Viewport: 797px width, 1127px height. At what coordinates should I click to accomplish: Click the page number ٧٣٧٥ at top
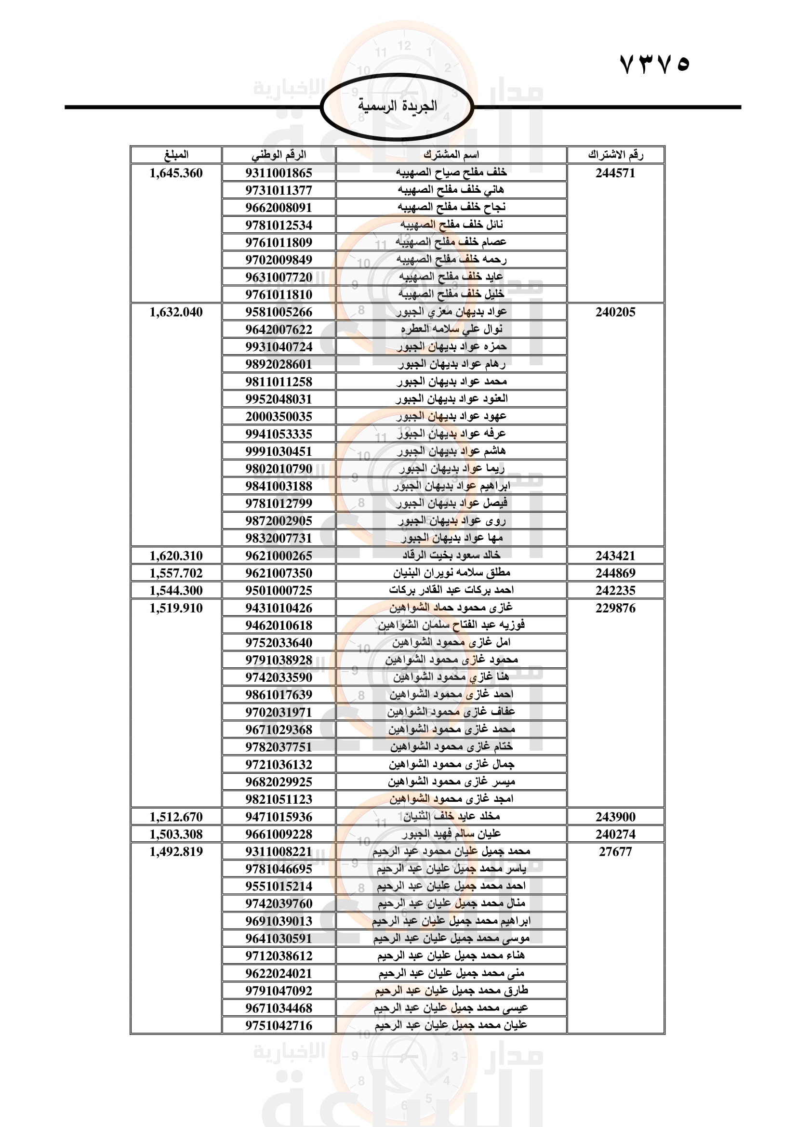pyautogui.click(x=655, y=64)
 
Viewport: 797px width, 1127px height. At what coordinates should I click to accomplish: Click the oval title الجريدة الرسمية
pyautogui.click(x=397, y=106)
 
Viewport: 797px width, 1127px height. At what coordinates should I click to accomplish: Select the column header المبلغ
pyautogui.click(x=176, y=155)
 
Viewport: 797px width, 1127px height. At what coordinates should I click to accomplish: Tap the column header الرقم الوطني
pyautogui.click(x=279, y=155)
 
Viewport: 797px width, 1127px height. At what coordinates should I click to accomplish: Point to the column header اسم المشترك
pyautogui.click(x=451, y=155)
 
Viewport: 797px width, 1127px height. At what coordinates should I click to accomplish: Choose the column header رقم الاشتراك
pyautogui.click(x=615, y=155)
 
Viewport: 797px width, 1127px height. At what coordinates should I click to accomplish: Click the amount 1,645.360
pyautogui.click(x=176, y=173)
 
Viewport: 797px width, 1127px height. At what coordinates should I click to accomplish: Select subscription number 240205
pyautogui.click(x=615, y=312)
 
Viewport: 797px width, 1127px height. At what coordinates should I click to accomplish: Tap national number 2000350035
pyautogui.click(x=279, y=416)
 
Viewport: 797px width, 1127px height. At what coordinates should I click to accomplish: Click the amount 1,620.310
pyautogui.click(x=176, y=556)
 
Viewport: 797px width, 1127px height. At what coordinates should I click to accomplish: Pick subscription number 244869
pyautogui.click(x=615, y=573)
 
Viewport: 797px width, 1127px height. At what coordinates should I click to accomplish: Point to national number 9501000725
pyautogui.click(x=279, y=591)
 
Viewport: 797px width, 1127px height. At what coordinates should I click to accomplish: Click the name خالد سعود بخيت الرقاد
pyautogui.click(x=451, y=555)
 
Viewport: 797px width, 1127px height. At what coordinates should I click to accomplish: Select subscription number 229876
pyautogui.click(x=615, y=608)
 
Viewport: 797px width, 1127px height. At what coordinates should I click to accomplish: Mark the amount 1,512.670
pyautogui.click(x=176, y=817)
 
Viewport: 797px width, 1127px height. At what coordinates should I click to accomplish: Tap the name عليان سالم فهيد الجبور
pyautogui.click(x=451, y=834)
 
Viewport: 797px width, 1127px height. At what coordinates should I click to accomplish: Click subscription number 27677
pyautogui.click(x=615, y=851)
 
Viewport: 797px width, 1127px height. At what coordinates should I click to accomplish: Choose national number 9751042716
pyautogui.click(x=279, y=1025)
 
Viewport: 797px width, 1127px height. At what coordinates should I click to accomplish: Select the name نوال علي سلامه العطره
pyautogui.click(x=451, y=329)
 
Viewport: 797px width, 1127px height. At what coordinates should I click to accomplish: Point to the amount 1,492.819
pyautogui.click(x=176, y=851)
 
